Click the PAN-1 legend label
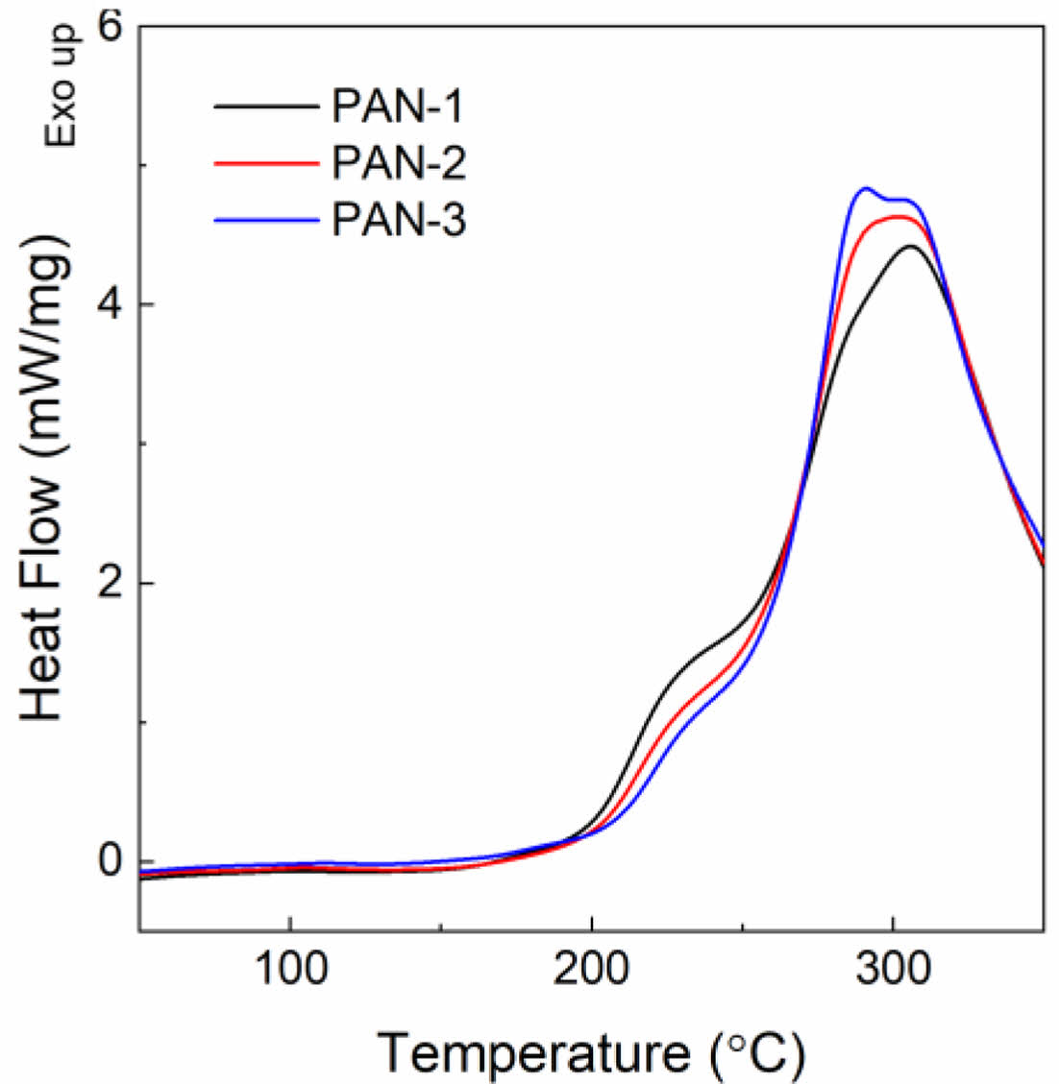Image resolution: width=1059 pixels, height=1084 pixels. [398, 106]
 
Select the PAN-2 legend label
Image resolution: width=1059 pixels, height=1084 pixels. [398, 163]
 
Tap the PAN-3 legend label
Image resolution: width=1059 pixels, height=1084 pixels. [398, 221]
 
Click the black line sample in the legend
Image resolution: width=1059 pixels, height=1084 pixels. [266, 107]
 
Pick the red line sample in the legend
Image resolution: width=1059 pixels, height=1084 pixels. [266, 164]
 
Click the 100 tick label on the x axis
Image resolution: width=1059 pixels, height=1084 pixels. [289, 971]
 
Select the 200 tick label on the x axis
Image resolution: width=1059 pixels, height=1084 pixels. [591, 971]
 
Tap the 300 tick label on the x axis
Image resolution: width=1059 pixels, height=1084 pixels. [893, 971]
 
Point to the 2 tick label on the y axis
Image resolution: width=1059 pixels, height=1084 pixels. [112, 584]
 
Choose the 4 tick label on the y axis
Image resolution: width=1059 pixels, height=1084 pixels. [112, 305]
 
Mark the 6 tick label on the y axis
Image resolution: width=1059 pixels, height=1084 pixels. [112, 27]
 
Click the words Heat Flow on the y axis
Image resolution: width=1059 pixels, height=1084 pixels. [43, 595]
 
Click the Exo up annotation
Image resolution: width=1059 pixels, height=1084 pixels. [60, 86]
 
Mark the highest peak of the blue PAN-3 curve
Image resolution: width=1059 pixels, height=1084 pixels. [866, 188]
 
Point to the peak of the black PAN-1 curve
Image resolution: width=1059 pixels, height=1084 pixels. [909, 246]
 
